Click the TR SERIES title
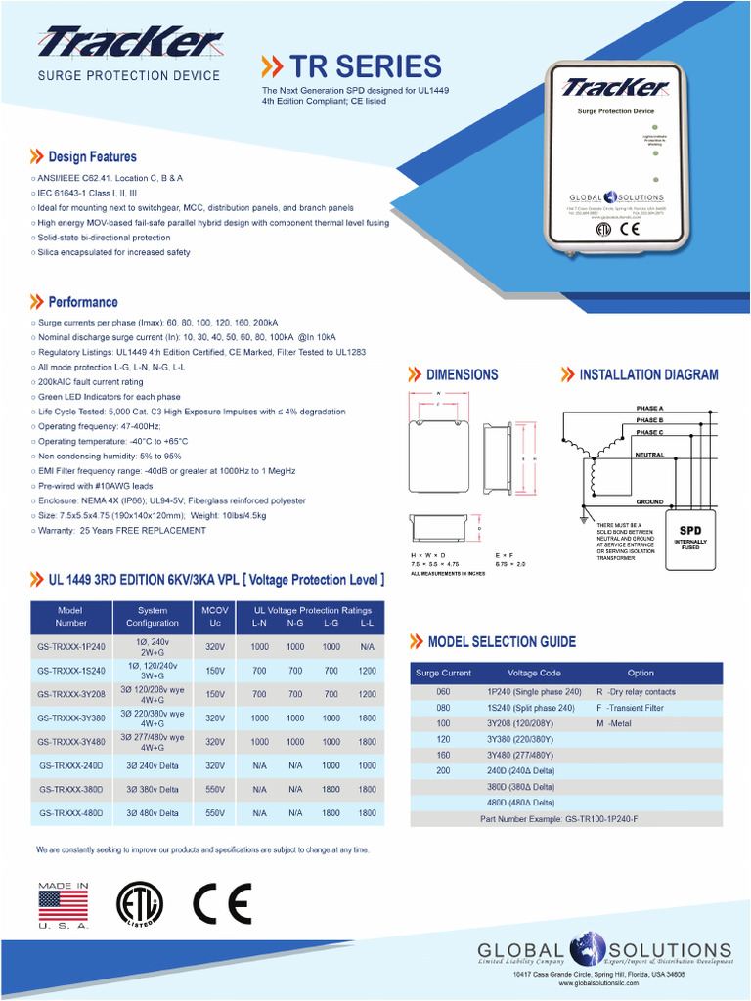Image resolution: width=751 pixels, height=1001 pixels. (364, 66)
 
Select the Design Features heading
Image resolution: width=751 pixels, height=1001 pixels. (92, 156)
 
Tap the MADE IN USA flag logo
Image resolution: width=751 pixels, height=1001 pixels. (63, 904)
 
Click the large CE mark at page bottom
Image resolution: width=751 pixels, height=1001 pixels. (222, 903)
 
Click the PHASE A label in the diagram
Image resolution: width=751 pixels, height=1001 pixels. (649, 407)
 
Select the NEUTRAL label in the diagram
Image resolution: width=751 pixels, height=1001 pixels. (649, 455)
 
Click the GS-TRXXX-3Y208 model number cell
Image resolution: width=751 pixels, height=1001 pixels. (70, 694)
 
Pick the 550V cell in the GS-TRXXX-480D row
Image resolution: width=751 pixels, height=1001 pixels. (215, 812)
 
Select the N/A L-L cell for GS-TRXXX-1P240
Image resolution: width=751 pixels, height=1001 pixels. (367, 647)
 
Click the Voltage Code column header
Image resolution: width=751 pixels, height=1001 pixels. (534, 673)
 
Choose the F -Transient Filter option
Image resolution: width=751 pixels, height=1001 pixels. (630, 709)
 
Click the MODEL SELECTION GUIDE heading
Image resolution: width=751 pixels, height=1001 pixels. (502, 642)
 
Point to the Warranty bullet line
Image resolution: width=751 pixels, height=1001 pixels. (121, 531)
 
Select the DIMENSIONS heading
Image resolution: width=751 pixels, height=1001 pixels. (462, 374)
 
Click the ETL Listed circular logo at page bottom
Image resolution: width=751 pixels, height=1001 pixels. (140, 903)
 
